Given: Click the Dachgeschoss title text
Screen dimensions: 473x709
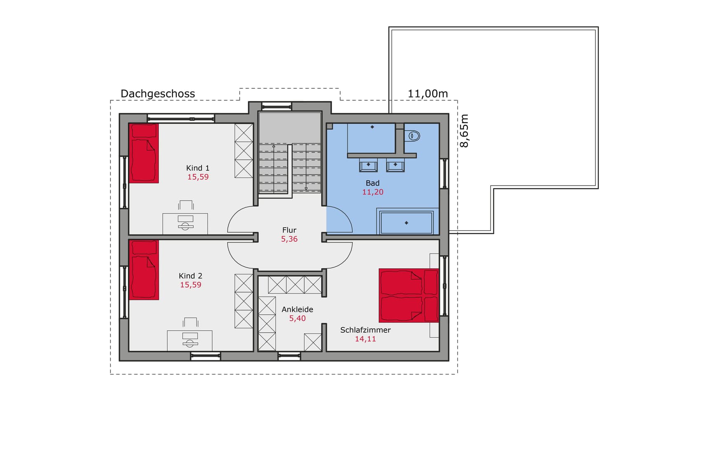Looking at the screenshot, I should (x=157, y=94).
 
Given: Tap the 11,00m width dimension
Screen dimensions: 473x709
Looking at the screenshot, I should (x=427, y=94).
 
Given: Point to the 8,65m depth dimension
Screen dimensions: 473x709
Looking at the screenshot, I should (x=464, y=131).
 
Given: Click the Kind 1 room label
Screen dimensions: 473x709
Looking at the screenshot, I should (x=197, y=168).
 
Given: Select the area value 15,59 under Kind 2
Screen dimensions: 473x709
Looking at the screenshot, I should (x=190, y=285).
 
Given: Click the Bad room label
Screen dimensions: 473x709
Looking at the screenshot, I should (x=372, y=183).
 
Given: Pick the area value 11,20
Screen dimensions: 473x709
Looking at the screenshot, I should (x=373, y=192).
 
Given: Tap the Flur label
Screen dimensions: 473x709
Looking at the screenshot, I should (x=289, y=230).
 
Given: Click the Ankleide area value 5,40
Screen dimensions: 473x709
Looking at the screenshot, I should (x=297, y=318).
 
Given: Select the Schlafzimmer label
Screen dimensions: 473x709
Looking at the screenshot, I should (x=365, y=330).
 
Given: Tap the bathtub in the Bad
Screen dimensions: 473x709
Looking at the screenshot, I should (x=406, y=223).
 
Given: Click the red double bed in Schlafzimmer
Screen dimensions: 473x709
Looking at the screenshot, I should (x=408, y=295).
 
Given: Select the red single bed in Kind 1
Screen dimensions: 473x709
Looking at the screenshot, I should (x=144, y=153).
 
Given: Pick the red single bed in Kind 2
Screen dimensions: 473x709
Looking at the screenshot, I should (x=144, y=270).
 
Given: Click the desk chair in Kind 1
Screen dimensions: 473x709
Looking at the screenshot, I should (x=186, y=205).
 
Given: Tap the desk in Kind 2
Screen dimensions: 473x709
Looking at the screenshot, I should (x=190, y=340).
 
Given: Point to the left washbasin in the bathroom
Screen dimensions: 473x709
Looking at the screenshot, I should (x=368, y=165).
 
